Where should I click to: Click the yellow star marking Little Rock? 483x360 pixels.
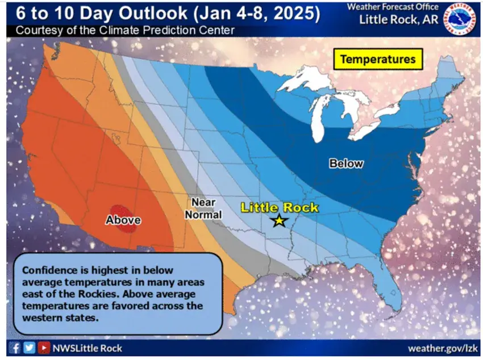(280, 220)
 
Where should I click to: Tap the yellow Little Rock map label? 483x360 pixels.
(280, 207)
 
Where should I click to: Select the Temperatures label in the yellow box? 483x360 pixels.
(378, 59)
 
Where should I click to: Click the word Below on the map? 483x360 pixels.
(346, 164)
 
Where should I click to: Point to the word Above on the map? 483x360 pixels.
(123, 220)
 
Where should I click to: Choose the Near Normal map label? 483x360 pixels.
(203, 208)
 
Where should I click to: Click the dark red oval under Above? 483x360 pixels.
(123, 219)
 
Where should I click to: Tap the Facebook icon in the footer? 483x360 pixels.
(14, 348)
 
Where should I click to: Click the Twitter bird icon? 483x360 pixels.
(29, 348)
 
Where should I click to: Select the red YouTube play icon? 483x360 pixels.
(44, 348)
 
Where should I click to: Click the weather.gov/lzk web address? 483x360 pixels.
(442, 348)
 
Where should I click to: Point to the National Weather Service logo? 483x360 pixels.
(459, 19)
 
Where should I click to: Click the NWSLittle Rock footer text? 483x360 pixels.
(88, 348)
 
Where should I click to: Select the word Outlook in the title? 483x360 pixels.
(153, 13)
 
